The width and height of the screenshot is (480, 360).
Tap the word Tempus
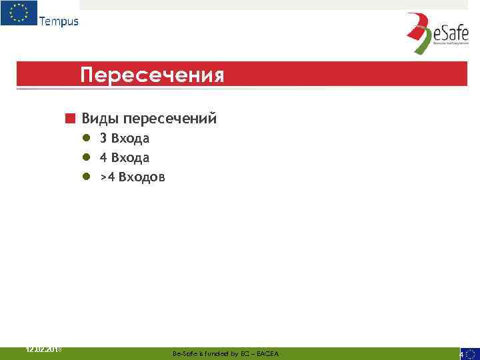59,21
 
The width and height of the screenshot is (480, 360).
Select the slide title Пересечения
152,75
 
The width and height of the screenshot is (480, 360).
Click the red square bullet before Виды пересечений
69,119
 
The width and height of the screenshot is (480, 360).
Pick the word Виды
99,119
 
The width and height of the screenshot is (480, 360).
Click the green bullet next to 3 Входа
86,139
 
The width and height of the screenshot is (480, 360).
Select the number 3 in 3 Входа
103,139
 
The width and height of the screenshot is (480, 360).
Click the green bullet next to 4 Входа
86,158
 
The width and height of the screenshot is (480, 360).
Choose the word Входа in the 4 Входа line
131,158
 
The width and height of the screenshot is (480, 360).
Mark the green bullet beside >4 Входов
86,177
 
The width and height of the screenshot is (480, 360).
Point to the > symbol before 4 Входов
103,178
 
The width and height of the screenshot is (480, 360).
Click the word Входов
142,177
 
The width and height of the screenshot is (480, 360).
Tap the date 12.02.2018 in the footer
43,349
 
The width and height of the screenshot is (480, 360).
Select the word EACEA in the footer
268,353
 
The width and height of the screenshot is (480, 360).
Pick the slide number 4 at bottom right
461,355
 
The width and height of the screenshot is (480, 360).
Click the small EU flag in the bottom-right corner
471,353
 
